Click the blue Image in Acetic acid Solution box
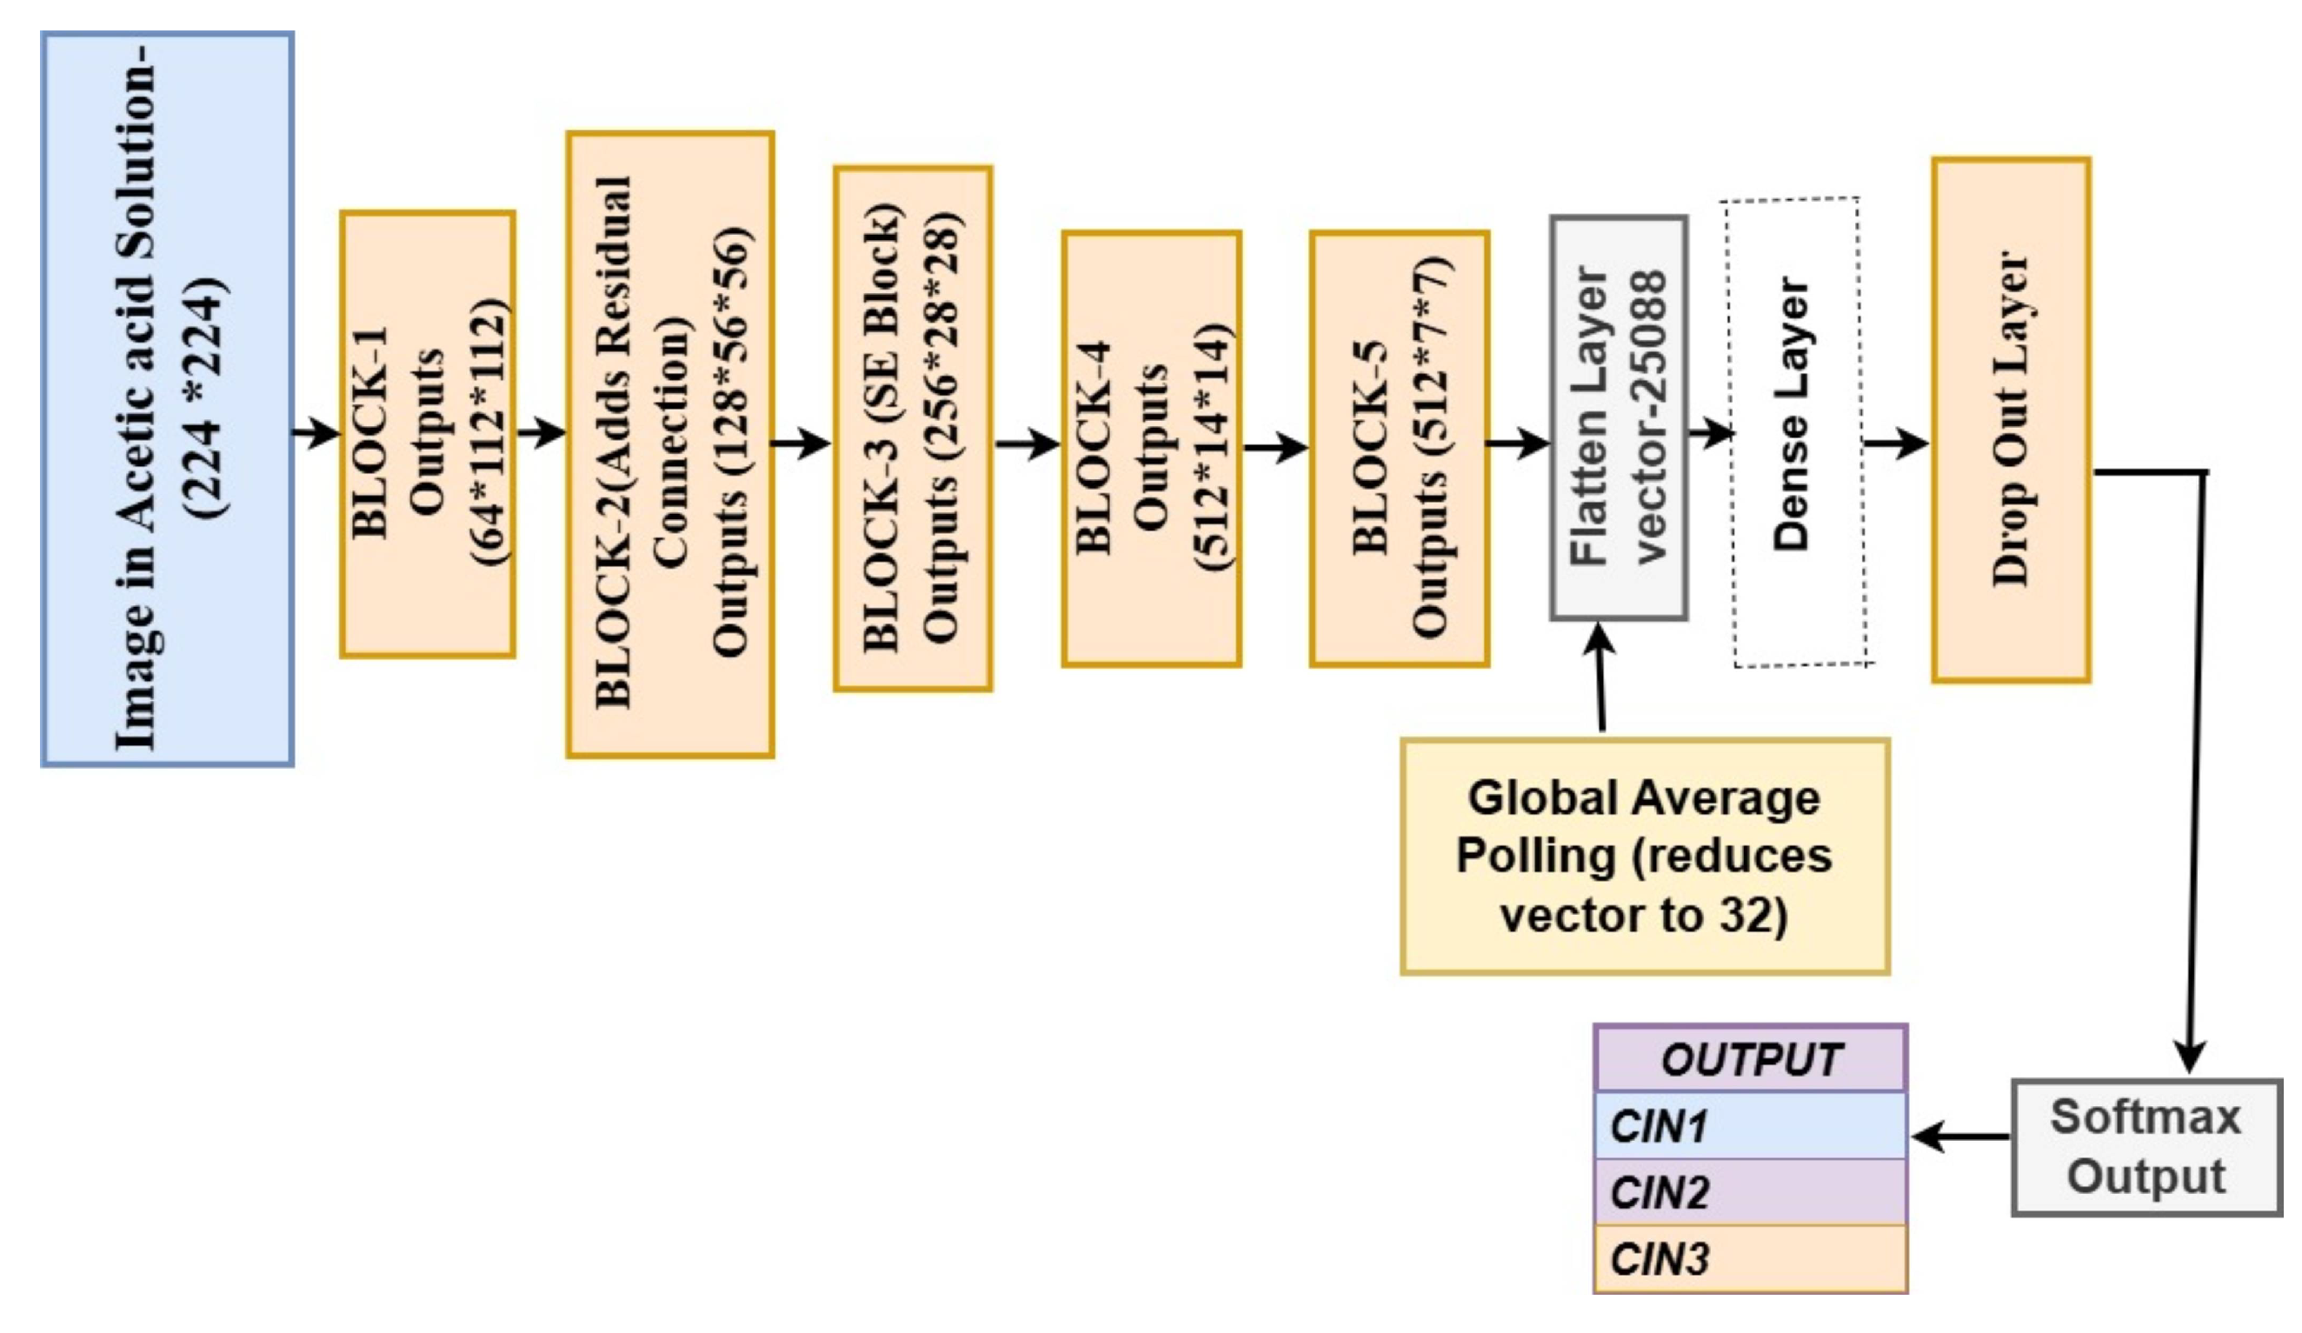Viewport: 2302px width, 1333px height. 167,399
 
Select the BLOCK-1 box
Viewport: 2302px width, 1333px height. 428,434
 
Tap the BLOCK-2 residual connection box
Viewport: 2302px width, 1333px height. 670,444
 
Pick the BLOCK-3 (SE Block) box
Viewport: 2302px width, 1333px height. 913,429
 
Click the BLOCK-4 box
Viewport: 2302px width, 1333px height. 1151,449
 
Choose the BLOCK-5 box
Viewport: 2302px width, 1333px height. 1400,449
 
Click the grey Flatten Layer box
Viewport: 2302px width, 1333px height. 1619,417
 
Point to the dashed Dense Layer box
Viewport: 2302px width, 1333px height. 1796,431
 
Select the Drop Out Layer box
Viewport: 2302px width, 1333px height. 2012,419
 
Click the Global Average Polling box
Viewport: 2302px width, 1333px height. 1644,857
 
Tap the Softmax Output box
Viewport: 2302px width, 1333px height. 2146,1148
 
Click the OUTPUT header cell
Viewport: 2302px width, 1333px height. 1750,1059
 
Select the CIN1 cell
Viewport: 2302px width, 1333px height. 1750,1125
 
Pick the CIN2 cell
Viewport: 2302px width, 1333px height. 1750,1192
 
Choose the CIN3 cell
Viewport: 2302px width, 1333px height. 1750,1259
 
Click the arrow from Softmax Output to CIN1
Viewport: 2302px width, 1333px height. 1960,1137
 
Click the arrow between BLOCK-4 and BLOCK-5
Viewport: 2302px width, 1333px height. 1275,448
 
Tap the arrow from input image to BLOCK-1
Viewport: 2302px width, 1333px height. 316,432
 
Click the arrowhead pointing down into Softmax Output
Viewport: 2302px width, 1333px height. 2191,1058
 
